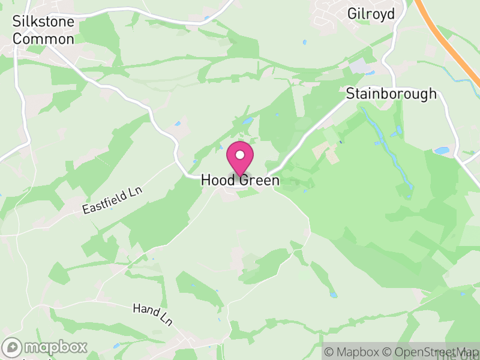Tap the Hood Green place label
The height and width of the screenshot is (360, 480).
coord(240,180)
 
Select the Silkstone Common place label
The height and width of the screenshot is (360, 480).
coord(43,31)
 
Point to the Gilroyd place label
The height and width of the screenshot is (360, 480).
coord(371,13)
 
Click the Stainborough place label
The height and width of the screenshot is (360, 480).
coord(391,94)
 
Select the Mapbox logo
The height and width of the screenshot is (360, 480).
coord(45,347)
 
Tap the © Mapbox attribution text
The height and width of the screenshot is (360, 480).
coord(355,352)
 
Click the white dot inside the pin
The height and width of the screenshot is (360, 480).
coord(239,155)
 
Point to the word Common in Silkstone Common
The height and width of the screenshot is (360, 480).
coord(43,39)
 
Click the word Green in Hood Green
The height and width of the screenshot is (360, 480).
coord(260,180)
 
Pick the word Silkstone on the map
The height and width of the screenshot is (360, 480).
coord(43,22)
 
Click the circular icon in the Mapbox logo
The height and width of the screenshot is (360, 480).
coord(13,347)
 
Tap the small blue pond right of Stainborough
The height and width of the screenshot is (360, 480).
coord(442,151)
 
